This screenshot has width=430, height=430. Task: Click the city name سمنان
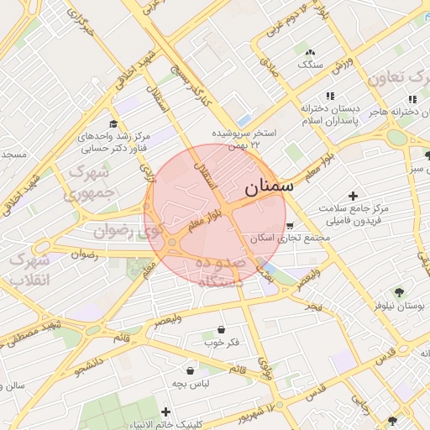coord(269,186)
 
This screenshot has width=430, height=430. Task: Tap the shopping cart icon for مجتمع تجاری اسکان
coord(290,225)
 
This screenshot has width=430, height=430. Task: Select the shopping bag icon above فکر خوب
coord(221,329)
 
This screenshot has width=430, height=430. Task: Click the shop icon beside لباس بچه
coord(191,370)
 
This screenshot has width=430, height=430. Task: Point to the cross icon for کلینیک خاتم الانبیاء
coord(165,412)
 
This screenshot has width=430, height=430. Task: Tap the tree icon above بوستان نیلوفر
coord(398,293)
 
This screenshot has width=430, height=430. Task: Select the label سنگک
coord(308,64)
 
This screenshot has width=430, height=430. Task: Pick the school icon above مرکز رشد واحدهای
coord(113,123)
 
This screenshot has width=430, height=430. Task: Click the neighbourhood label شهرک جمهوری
coord(92,184)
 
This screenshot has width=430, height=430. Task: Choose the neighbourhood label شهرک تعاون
coord(398,77)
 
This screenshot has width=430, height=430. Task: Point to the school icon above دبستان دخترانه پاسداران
coord(330,97)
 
